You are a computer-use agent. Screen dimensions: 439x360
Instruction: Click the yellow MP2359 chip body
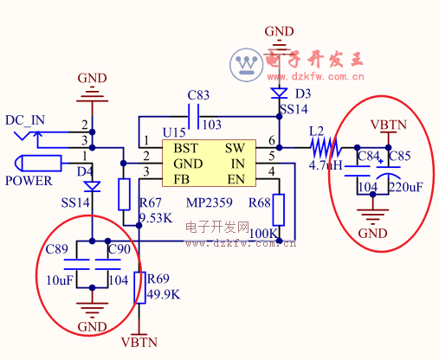[x=209, y=164]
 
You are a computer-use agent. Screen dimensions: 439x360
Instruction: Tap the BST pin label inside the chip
[x=186, y=148]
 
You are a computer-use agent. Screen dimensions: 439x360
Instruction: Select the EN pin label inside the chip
[x=236, y=179]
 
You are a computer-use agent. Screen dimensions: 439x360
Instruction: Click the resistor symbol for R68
[x=279, y=209]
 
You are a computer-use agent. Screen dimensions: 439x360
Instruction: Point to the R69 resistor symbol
[x=139, y=287]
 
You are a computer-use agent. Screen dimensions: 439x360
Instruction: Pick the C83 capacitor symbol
[x=193, y=117]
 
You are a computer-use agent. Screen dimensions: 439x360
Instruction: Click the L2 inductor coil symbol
[x=326, y=148]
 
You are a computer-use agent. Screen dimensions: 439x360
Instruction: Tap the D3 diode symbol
[x=279, y=93]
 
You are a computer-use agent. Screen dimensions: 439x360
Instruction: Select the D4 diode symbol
[x=92, y=186]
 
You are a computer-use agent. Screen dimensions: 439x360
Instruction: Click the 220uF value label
[x=406, y=187]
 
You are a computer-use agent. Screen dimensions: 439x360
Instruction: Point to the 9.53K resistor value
[x=156, y=218]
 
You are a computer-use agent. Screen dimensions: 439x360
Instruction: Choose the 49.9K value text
[x=164, y=294]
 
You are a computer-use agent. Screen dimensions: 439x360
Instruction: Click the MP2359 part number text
[x=210, y=202]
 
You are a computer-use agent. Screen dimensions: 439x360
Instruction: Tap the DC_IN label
[x=25, y=120]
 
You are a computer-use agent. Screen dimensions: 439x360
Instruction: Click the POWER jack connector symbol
[x=38, y=164]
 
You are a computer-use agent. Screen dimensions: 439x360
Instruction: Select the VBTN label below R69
[x=139, y=343]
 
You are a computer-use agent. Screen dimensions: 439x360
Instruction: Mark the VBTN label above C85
[x=389, y=125]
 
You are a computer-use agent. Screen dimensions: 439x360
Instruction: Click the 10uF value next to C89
[x=60, y=280]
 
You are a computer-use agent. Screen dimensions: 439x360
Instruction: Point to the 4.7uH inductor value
[x=326, y=165]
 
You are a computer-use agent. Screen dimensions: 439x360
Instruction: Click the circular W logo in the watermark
[x=247, y=65]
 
